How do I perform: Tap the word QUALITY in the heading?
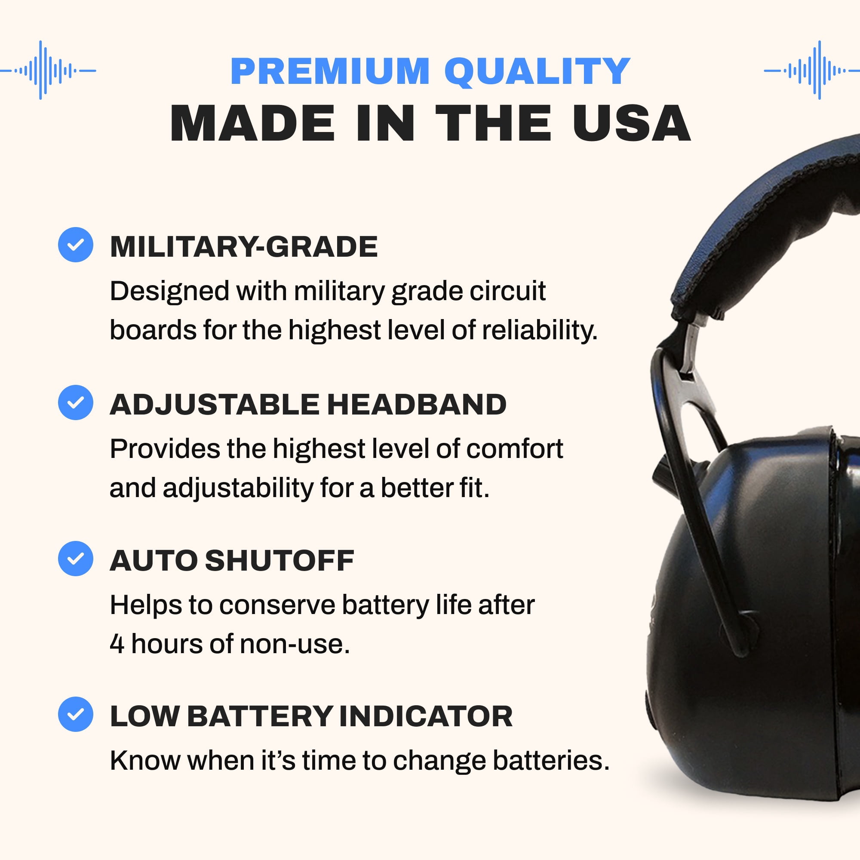pyautogui.click(x=537, y=72)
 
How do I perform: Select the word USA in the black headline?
pyautogui.click(x=632, y=123)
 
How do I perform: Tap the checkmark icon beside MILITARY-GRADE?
pyautogui.click(x=76, y=244)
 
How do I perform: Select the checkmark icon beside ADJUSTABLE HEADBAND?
pyautogui.click(x=76, y=402)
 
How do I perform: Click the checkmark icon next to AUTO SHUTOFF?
pyautogui.click(x=76, y=559)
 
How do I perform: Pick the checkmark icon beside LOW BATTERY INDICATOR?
pyautogui.click(x=76, y=714)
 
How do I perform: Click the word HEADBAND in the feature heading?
pyautogui.click(x=417, y=405)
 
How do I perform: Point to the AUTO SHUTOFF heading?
pyautogui.click(x=232, y=560)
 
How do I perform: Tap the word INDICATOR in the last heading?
pyautogui.click(x=426, y=716)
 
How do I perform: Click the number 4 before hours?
pyautogui.click(x=117, y=644)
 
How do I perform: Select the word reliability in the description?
pyautogui.click(x=540, y=331)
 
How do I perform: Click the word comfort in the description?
pyautogui.click(x=515, y=448)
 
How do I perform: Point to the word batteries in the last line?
pyautogui.click(x=551, y=761)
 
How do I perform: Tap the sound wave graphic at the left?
pyautogui.click(x=48, y=70)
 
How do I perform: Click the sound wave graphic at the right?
pyautogui.click(x=812, y=70)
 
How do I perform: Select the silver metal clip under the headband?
pyautogui.click(x=693, y=345)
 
